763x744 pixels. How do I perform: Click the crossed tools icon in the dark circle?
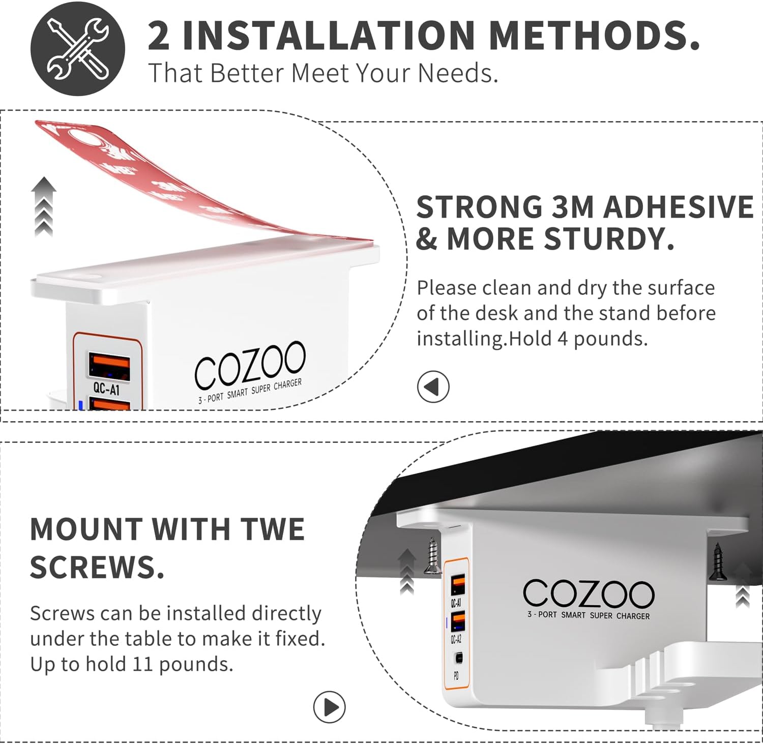click(77, 49)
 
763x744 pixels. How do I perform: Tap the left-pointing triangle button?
click(433, 387)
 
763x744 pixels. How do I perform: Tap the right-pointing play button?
click(330, 707)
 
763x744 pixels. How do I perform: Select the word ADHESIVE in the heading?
click(678, 207)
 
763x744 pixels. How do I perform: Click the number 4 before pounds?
click(563, 339)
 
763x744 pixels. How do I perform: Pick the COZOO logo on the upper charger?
click(250, 365)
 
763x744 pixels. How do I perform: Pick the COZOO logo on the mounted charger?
click(589, 593)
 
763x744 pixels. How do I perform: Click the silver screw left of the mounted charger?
click(433, 556)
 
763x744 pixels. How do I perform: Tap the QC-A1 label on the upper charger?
click(106, 389)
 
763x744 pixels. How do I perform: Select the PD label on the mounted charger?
click(456, 676)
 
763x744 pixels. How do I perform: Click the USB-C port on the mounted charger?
click(459, 658)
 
